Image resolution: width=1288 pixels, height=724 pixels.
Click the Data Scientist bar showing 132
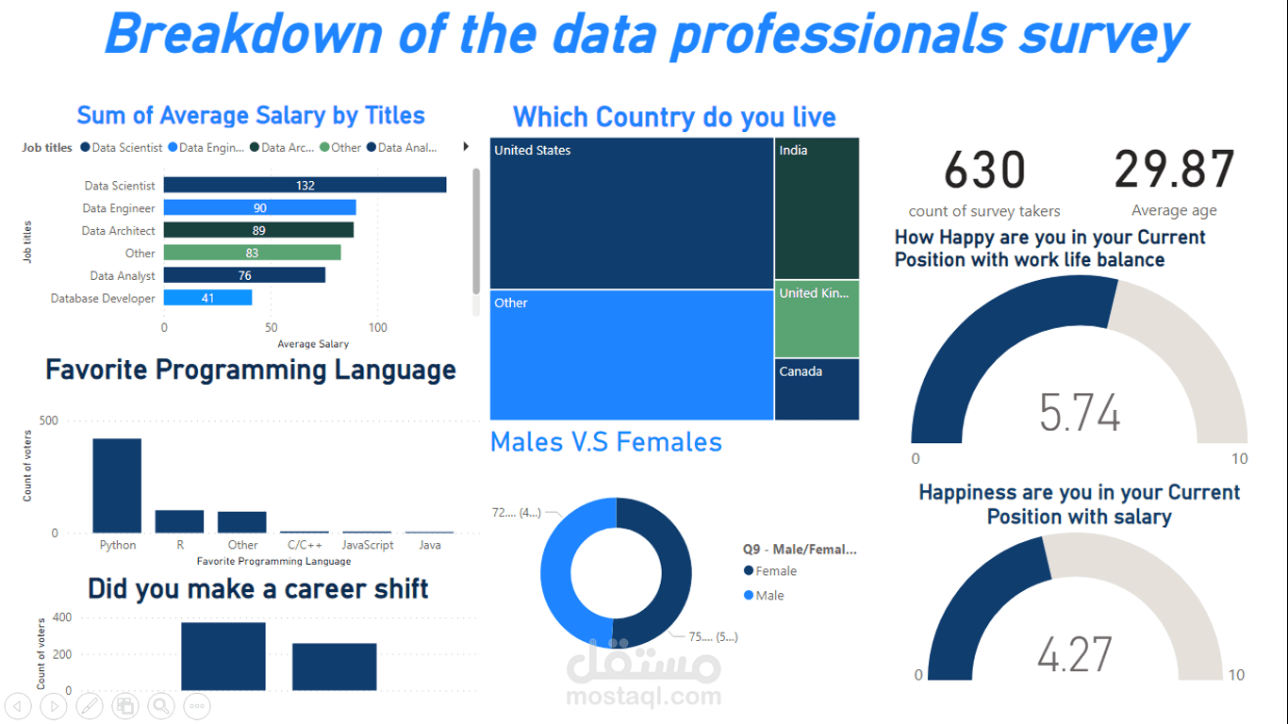click(305, 186)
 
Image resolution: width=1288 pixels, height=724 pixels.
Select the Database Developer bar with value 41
click(207, 298)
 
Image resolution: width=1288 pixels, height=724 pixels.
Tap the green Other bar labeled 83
click(252, 253)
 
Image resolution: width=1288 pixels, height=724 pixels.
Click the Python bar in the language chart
click(117, 485)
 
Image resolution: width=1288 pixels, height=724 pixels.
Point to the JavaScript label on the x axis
click(367, 545)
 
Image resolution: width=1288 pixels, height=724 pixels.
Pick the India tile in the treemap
click(817, 208)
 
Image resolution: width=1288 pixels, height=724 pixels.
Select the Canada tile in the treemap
click(817, 389)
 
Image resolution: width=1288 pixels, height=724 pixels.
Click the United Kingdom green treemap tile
click(817, 319)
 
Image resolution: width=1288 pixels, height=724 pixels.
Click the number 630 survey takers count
click(984, 172)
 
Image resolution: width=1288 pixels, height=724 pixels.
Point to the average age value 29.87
click(1174, 171)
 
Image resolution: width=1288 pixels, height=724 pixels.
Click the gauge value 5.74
click(1080, 414)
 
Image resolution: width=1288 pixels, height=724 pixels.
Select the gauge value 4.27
click(1075, 655)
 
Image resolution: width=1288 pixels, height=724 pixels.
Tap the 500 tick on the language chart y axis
click(48, 420)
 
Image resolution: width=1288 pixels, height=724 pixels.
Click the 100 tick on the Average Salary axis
click(378, 328)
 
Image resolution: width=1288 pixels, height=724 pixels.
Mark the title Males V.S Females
click(606, 442)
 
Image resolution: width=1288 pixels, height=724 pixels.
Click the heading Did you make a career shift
click(258, 589)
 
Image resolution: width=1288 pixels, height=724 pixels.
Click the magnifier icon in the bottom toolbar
click(161, 705)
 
